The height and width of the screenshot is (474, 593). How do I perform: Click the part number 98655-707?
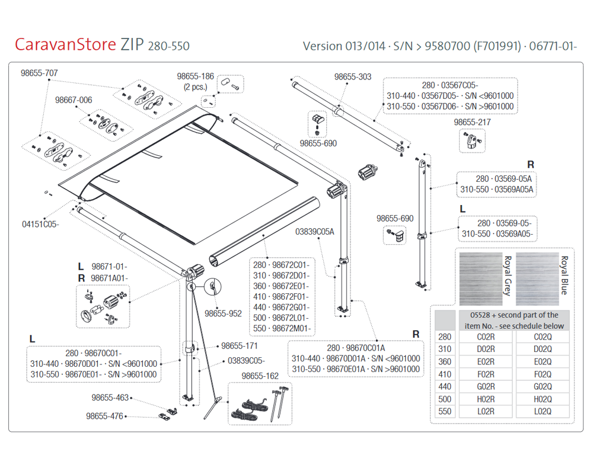click(39, 73)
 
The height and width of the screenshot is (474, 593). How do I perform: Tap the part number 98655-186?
click(195, 76)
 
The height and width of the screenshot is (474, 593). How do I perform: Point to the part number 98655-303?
click(353, 77)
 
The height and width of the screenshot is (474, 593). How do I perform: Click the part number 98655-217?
click(473, 122)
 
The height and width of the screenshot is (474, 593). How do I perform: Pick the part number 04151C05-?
click(41, 224)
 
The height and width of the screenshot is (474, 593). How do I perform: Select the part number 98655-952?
click(223, 313)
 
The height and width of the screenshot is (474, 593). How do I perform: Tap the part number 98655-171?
click(240, 345)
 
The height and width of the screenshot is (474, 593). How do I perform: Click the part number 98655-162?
click(260, 376)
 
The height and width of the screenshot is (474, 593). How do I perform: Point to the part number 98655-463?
click(110, 398)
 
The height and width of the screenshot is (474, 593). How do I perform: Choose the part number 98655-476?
click(104, 416)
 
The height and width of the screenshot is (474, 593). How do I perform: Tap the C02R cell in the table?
click(486, 337)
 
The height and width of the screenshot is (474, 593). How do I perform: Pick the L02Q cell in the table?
click(542, 411)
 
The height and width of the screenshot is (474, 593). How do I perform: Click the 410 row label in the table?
click(445, 374)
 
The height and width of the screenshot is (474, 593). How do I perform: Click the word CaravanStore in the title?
click(65, 45)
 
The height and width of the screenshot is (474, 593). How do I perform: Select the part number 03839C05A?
click(314, 231)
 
